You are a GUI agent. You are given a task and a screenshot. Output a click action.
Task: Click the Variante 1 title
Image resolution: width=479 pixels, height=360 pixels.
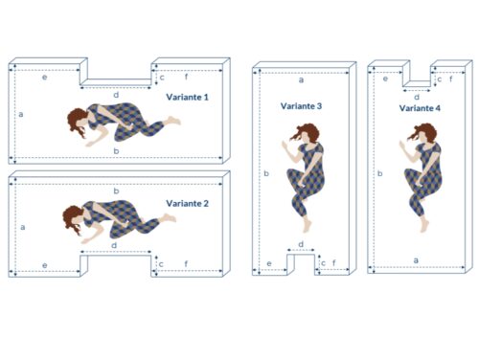[187, 97]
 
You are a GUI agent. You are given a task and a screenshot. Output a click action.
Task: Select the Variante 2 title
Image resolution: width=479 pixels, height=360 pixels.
[187, 203]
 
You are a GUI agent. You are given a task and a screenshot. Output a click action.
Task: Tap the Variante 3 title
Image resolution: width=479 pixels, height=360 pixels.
[301, 106]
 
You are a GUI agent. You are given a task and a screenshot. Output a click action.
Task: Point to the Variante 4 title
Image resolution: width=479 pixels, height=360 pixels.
[420, 108]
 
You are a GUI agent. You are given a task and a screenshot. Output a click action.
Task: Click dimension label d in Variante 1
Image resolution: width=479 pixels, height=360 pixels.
[116, 95]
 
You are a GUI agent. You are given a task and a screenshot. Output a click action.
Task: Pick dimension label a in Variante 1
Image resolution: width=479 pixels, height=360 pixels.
[21, 114]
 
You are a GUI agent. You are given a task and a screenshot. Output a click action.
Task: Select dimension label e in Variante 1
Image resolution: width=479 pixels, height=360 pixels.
[45, 77]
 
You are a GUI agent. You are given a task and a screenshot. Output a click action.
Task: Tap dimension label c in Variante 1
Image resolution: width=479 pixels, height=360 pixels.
[162, 78]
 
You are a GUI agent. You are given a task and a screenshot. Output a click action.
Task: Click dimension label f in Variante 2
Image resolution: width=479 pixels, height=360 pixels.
[186, 264]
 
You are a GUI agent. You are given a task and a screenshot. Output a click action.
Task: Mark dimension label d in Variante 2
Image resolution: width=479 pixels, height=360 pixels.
[114, 245]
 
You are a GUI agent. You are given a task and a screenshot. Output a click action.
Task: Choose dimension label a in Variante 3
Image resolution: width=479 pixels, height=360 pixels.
[301, 80]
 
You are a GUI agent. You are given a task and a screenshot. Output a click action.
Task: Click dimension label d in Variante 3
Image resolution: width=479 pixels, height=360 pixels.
[301, 244]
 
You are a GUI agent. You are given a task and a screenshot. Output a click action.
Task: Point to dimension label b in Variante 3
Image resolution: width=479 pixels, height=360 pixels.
[266, 173]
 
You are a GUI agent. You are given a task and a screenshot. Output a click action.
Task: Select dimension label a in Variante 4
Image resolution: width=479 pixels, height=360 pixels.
[416, 260]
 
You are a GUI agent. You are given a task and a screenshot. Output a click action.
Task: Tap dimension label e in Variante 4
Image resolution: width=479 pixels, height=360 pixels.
[385, 79]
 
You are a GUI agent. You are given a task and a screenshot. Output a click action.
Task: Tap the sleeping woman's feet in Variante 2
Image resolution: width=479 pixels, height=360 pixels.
[170, 218]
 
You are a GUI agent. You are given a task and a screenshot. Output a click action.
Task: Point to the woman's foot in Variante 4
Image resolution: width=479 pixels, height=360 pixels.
[424, 225]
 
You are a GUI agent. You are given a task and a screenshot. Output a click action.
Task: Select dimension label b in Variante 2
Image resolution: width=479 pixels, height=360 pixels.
[116, 191]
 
